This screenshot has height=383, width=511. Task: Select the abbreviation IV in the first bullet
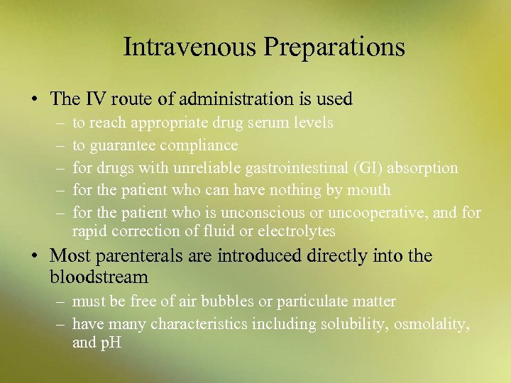(x=96, y=99)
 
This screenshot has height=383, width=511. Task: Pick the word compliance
(x=199, y=145)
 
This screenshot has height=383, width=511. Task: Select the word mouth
(x=369, y=190)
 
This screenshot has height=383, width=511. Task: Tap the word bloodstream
(x=99, y=277)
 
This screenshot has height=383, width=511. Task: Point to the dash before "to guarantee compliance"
(x=57, y=145)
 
